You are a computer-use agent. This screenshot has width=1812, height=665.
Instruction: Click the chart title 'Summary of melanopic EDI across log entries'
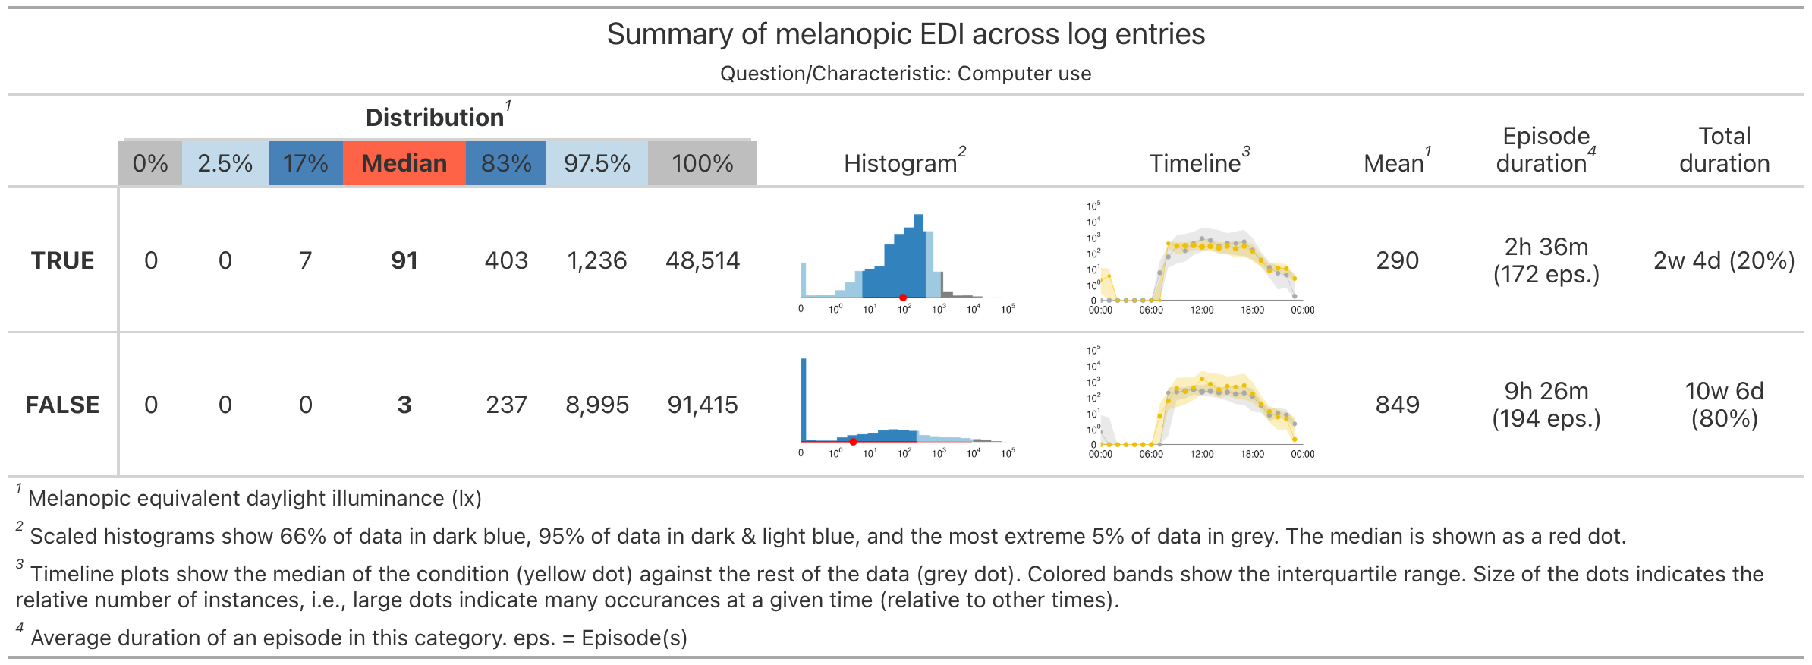(905, 35)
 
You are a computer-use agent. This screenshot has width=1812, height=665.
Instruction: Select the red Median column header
(404, 163)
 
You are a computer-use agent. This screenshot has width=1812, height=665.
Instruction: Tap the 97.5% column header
(596, 163)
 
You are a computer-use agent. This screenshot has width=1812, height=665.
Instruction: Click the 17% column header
(305, 163)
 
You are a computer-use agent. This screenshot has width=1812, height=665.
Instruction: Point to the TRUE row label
(62, 260)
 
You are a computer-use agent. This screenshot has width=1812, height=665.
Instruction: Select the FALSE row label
(62, 405)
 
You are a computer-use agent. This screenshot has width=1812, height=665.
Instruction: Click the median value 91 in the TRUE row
(404, 260)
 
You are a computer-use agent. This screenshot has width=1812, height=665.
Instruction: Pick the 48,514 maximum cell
(702, 260)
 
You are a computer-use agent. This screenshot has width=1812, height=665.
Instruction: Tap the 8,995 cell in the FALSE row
(596, 405)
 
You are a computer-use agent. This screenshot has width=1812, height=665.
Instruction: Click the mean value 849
(1397, 405)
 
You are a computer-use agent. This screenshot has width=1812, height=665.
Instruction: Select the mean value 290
(1397, 260)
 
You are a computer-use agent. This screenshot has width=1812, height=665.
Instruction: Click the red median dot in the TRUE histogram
(903, 298)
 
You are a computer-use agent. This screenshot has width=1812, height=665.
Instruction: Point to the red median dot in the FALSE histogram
(853, 442)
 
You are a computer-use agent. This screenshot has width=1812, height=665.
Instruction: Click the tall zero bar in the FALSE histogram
(804, 399)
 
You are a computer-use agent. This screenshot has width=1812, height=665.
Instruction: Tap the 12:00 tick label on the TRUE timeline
(1202, 310)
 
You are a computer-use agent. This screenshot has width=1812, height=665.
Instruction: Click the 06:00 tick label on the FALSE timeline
(1151, 454)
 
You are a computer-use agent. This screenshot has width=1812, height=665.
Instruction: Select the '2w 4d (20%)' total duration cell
(1724, 260)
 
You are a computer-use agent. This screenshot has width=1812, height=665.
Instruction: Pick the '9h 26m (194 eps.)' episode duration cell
(1546, 405)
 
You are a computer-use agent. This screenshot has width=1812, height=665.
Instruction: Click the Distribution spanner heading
(435, 118)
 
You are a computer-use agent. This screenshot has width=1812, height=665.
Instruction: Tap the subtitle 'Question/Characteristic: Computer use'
(905, 74)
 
